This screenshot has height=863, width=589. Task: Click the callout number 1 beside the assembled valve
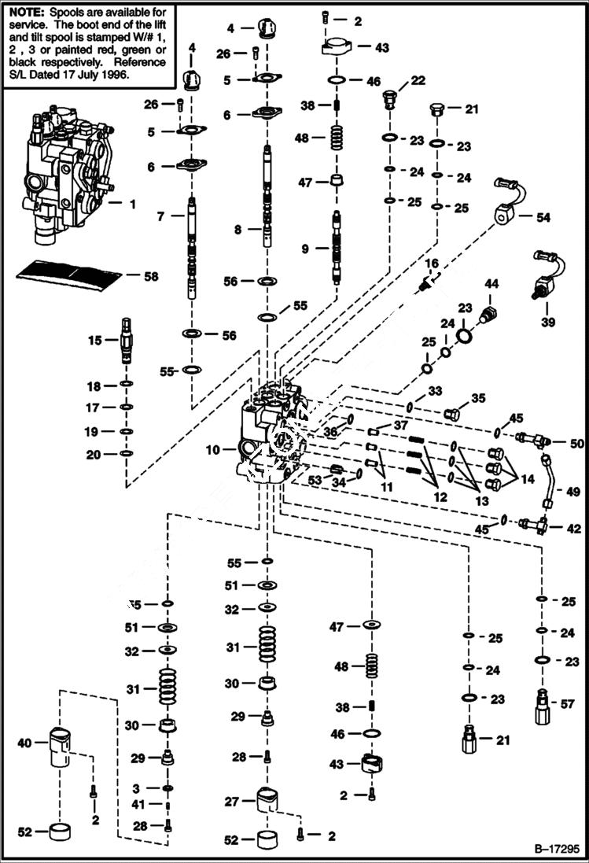pyautogui.click(x=131, y=204)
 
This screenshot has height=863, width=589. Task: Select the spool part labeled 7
pyautogui.click(x=193, y=248)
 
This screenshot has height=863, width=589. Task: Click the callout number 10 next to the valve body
pyautogui.click(x=212, y=450)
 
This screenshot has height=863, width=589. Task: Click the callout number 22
pyautogui.click(x=417, y=80)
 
